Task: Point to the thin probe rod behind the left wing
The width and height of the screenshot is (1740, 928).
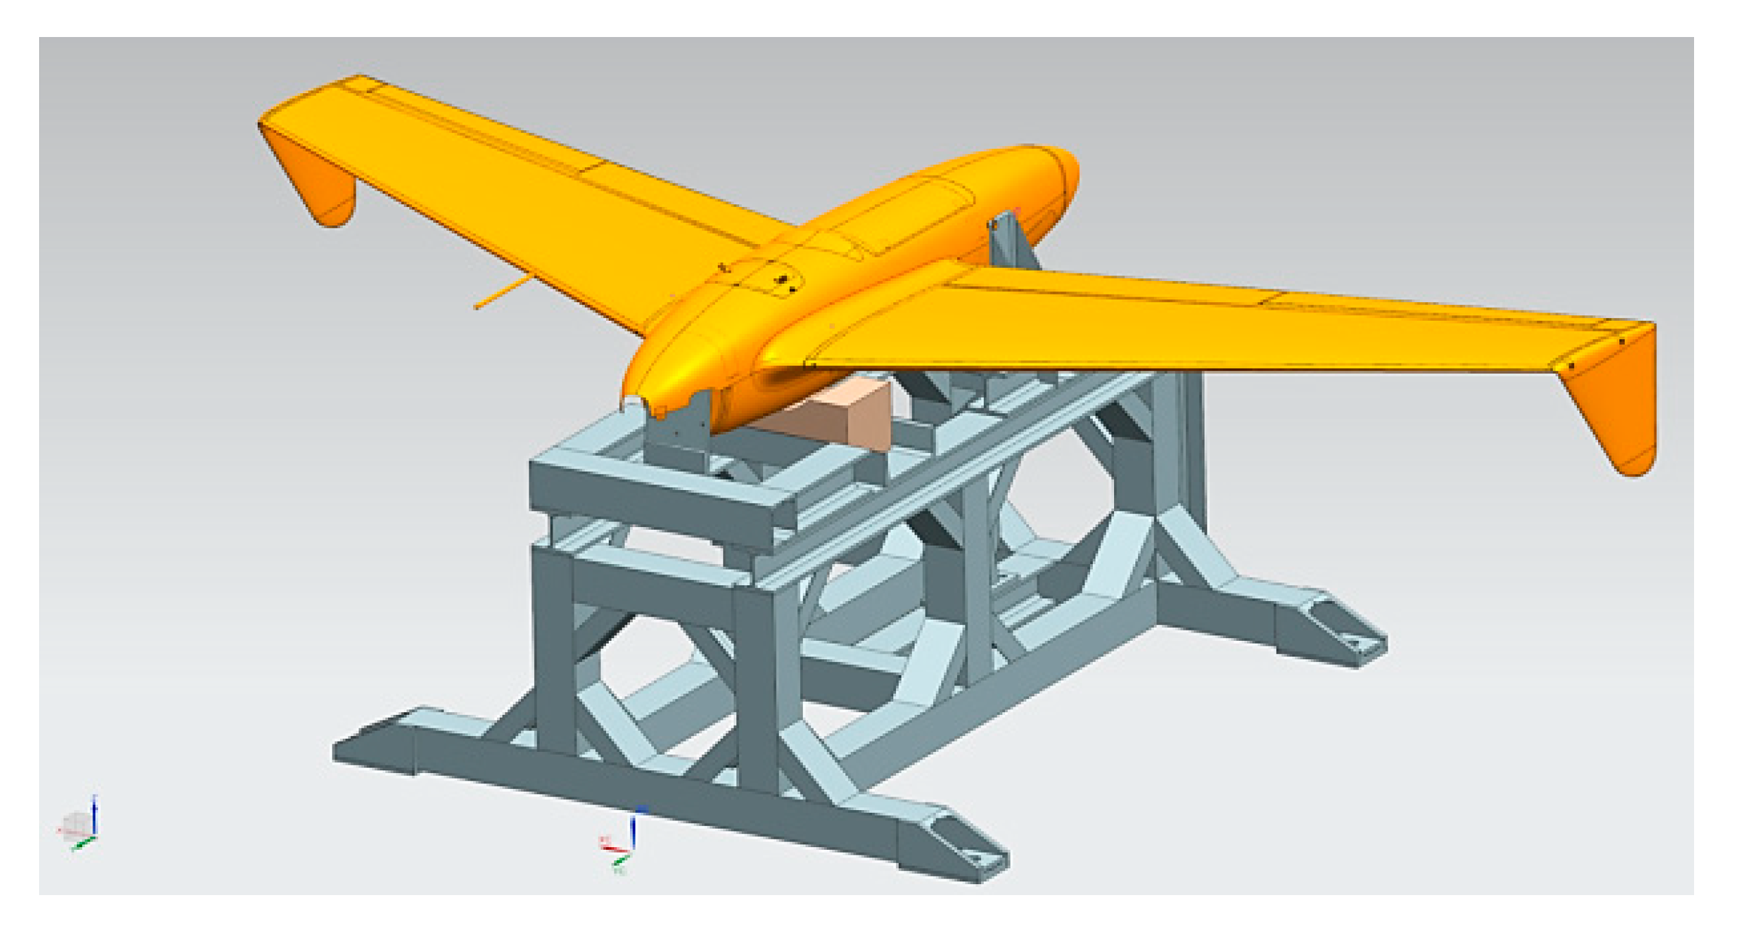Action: click(500, 291)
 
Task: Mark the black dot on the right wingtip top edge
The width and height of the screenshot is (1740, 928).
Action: click(1621, 341)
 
